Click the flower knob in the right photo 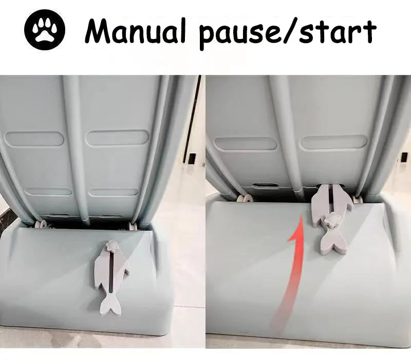coord(331,219)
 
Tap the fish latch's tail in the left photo coord(110,304)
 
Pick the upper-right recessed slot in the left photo coord(118,138)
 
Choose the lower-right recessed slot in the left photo coord(114,192)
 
